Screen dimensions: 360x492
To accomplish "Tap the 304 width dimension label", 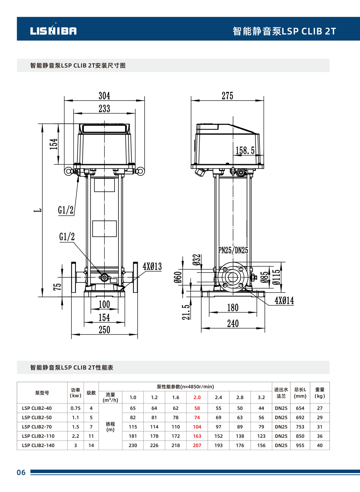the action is tap(104, 96).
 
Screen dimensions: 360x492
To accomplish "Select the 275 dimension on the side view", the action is tap(227, 96).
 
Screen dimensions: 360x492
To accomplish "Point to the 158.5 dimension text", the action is tap(245, 150).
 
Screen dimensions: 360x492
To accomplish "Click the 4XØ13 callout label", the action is tap(152, 267).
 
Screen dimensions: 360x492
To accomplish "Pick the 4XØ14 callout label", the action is tap(284, 300).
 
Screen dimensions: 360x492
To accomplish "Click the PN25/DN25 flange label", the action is tap(233, 250).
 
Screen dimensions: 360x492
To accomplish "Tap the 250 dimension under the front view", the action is tap(104, 330).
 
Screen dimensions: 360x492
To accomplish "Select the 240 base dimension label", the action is tap(233, 324).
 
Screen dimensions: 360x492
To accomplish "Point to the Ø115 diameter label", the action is tap(277, 277).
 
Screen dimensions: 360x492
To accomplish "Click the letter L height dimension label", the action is tap(38, 210).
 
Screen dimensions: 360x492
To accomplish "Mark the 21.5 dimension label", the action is tap(186, 312).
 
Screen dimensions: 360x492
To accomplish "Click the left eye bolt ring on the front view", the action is tap(69, 171).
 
